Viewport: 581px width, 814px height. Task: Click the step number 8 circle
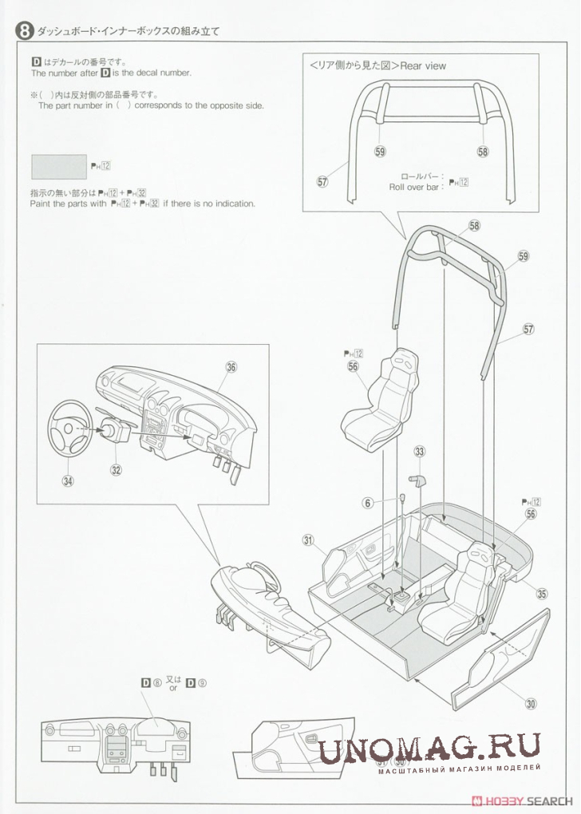25,30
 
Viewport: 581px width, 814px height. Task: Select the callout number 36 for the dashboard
231,368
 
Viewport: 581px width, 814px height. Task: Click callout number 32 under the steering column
116,470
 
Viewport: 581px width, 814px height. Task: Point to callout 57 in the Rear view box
322,182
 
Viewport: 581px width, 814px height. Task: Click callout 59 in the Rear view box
380,152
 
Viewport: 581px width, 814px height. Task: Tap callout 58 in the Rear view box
483,152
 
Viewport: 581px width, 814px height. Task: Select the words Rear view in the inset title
423,66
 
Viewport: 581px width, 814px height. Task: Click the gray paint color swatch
59,167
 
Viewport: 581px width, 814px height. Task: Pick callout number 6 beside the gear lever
368,503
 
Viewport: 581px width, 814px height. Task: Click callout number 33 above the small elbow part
420,452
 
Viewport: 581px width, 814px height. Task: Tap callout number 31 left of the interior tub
308,540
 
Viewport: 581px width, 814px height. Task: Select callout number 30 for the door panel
531,704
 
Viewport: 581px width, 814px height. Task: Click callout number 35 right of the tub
542,594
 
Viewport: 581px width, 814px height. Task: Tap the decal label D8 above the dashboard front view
151,683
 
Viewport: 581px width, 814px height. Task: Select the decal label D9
196,683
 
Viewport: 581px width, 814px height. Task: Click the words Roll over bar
414,188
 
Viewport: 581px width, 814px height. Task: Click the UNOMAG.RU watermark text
430,749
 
